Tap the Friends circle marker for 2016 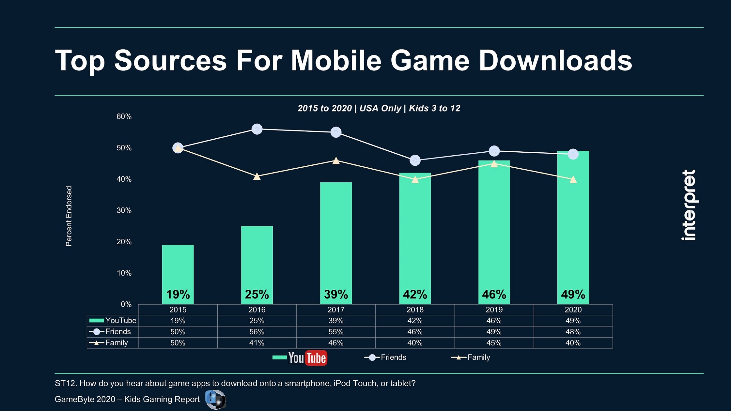pyautogui.click(x=257, y=129)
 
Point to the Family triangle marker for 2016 pyautogui.click(x=257, y=176)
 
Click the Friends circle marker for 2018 pyautogui.click(x=415, y=160)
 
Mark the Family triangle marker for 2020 pyautogui.click(x=573, y=180)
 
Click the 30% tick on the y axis pyautogui.click(x=124, y=210)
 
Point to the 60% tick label pyautogui.click(x=124, y=116)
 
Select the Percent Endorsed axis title pyautogui.click(x=69, y=216)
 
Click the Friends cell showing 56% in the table pyautogui.click(x=257, y=332)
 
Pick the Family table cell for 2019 pyautogui.click(x=494, y=343)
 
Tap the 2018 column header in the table pyautogui.click(x=415, y=310)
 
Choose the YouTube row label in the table pyautogui.click(x=120, y=320)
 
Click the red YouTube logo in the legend pyautogui.click(x=308, y=358)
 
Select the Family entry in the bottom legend pyautogui.click(x=478, y=357)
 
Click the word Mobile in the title pyautogui.click(x=336, y=61)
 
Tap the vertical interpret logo pyautogui.click(x=689, y=205)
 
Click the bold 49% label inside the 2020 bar pyautogui.click(x=573, y=295)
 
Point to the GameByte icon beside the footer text pyautogui.click(x=215, y=400)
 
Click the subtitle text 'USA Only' pyautogui.click(x=380, y=108)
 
